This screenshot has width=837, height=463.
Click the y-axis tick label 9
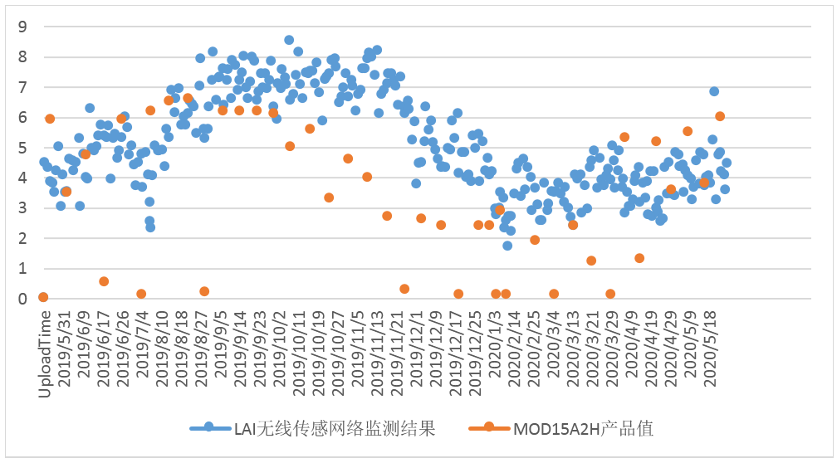coord(22,27)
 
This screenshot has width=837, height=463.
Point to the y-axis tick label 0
coord(22,299)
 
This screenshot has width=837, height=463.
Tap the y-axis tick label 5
coord(22,148)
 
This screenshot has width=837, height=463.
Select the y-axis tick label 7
coord(22,87)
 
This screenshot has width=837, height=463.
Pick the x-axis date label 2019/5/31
coord(63,350)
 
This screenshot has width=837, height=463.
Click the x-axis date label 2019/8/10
coord(161,350)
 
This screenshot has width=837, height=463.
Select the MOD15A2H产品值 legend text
coord(583,428)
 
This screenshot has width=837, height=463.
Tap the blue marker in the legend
coord(209,428)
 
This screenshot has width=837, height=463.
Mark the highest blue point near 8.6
coord(289,40)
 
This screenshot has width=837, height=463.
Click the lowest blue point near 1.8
coord(507,246)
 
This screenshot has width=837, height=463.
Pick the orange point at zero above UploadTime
coord(43,297)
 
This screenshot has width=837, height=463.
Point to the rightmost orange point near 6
coord(720,116)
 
